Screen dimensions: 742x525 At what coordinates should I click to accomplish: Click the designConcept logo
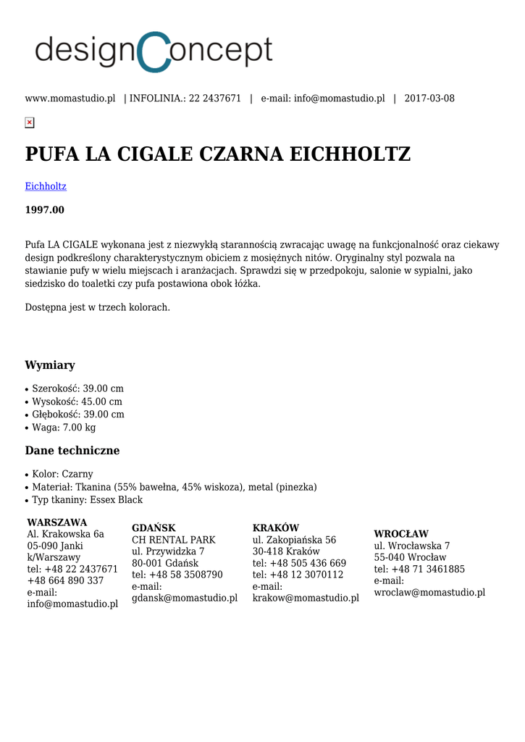[154, 51]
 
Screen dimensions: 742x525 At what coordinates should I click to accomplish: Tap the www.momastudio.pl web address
[70, 99]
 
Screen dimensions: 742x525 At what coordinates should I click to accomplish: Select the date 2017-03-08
[429, 99]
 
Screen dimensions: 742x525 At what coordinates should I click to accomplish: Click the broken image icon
[30, 122]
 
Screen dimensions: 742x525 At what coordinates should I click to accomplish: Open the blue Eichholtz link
[46, 186]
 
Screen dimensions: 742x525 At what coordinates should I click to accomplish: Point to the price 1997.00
[45, 210]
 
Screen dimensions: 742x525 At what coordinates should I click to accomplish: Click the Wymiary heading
[50, 365]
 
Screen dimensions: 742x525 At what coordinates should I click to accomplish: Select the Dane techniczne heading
[72, 451]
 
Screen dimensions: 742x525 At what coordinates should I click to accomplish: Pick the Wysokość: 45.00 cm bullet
[77, 401]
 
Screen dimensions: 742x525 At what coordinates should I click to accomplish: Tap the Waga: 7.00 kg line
[64, 428]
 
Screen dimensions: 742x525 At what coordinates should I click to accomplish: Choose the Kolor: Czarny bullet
[62, 474]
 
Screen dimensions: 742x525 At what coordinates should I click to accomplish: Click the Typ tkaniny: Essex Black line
[87, 500]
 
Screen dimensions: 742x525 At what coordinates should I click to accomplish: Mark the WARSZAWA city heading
[57, 522]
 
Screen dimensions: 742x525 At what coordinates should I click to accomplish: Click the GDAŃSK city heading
[154, 528]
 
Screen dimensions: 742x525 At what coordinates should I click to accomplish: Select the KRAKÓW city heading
[276, 528]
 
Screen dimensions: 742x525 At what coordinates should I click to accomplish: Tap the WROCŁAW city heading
[401, 534]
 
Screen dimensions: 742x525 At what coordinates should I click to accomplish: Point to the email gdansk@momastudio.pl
[185, 598]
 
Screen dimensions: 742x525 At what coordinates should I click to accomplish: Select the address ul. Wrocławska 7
[412, 546]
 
